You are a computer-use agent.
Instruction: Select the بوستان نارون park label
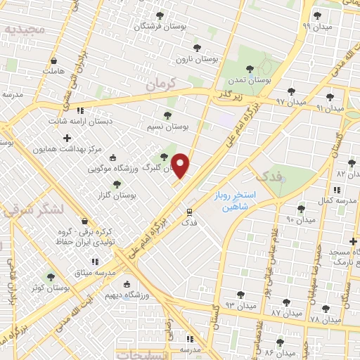[x=193, y=60]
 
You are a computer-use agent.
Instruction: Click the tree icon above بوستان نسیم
[x=167, y=115]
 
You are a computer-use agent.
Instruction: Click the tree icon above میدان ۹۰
[x=301, y=209]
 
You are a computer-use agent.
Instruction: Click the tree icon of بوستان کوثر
[x=50, y=277]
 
